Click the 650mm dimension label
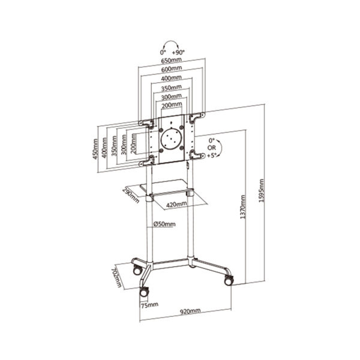tap(172, 61)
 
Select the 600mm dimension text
tap(172, 70)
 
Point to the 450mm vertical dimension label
tap(95, 146)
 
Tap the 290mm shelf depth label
tap(128, 195)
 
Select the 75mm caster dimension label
tap(149, 305)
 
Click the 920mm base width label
tap(190, 312)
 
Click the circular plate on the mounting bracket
tap(173, 137)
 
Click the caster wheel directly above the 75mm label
tap(144, 292)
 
